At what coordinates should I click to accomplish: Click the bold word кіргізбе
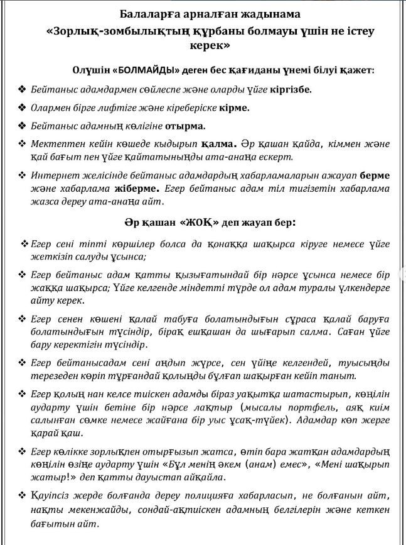click(290, 89)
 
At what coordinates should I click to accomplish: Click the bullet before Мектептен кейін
click(22, 144)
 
